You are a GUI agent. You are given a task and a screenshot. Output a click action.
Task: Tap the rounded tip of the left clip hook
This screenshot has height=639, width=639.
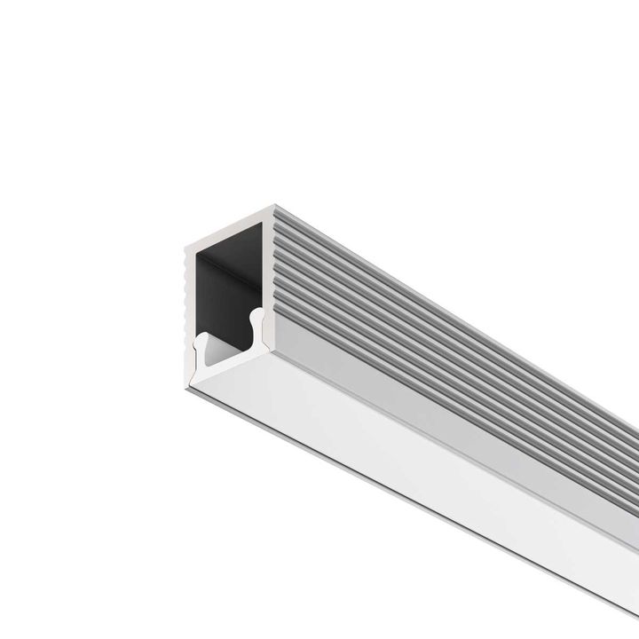[200, 338]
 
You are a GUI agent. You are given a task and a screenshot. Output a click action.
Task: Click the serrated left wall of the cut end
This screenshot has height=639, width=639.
[187, 293]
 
